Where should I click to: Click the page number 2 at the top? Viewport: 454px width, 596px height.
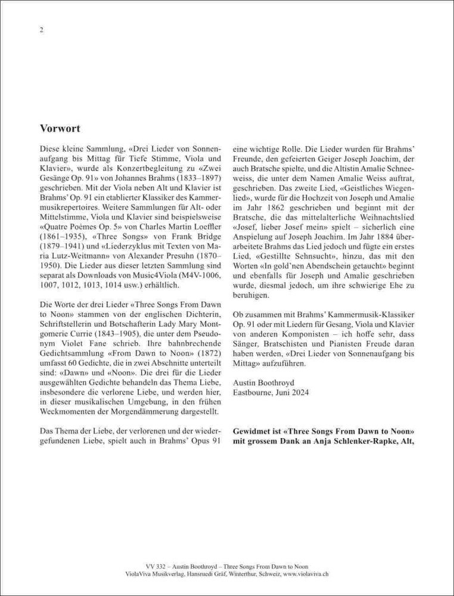pyautogui.click(x=41, y=30)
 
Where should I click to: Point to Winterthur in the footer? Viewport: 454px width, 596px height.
pyautogui.click(x=225, y=573)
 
